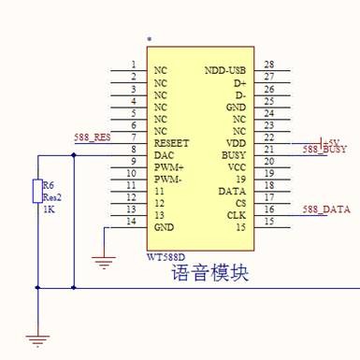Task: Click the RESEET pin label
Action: click(x=171, y=143)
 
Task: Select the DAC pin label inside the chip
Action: click(x=163, y=154)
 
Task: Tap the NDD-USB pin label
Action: click(x=224, y=70)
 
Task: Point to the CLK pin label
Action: click(x=237, y=214)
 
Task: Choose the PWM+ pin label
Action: click(x=167, y=166)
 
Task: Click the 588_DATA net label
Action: click(x=326, y=210)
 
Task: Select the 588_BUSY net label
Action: click(x=324, y=150)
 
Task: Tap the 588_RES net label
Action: click(x=93, y=137)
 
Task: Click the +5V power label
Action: click(x=330, y=141)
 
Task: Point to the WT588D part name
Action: click(x=167, y=255)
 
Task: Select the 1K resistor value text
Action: click(x=49, y=209)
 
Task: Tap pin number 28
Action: click(x=268, y=64)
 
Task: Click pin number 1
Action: click(x=134, y=65)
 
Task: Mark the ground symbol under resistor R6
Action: click(x=38, y=339)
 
